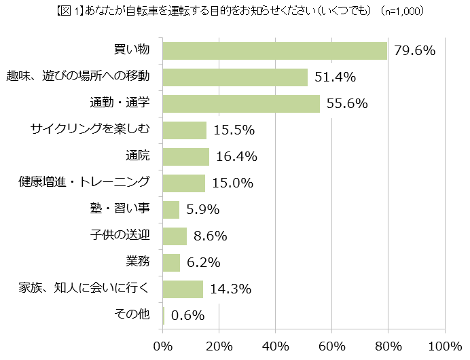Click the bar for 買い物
pos(275,51)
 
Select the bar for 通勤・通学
pos(241,103)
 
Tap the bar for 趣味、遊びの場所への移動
pos(235,77)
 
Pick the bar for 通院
pos(186,156)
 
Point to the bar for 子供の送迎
pos(175,236)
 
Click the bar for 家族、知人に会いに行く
pos(183,289)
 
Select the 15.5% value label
pos(234,130)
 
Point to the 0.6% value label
pos(188,315)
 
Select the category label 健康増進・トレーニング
pos(84,183)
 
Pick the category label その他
pos(131,315)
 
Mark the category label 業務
pos(139,262)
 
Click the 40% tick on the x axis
pos(276,346)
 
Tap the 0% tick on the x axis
pos(163,346)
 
